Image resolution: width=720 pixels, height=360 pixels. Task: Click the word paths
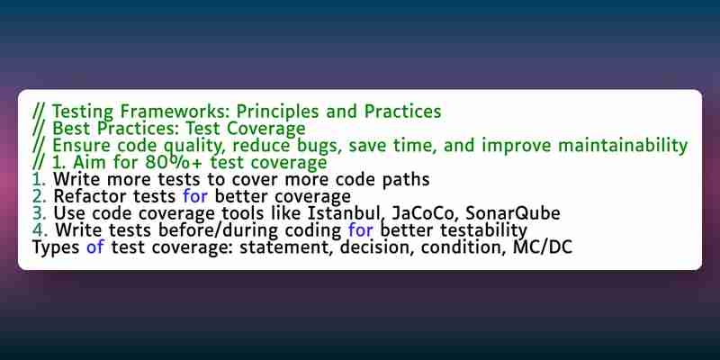406,180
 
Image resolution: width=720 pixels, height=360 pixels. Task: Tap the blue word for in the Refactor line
195,196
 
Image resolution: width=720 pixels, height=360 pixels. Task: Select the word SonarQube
507,213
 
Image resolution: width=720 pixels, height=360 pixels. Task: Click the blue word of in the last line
95,247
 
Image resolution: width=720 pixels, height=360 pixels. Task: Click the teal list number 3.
38,213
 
